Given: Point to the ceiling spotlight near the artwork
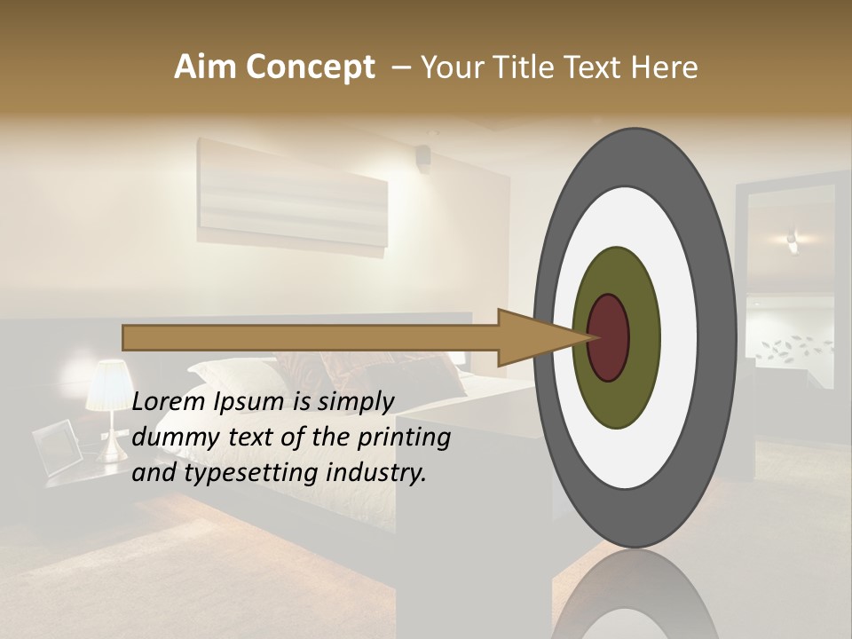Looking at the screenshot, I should click(x=423, y=158).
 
